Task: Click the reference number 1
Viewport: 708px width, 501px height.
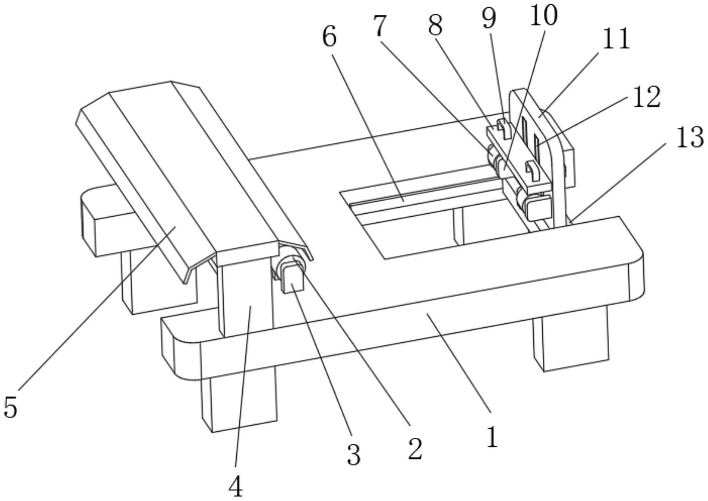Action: [x=491, y=437]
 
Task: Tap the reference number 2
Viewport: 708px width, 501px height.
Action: [x=414, y=449]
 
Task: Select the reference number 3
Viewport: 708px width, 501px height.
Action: [x=354, y=455]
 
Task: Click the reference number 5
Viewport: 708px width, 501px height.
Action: [x=10, y=407]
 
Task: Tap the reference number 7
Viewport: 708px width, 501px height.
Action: [x=379, y=27]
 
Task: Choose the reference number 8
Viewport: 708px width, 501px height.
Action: [x=435, y=26]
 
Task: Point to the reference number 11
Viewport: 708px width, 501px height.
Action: [x=617, y=39]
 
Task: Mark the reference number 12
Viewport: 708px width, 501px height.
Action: [x=646, y=96]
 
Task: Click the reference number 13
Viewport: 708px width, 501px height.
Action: [x=689, y=138]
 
